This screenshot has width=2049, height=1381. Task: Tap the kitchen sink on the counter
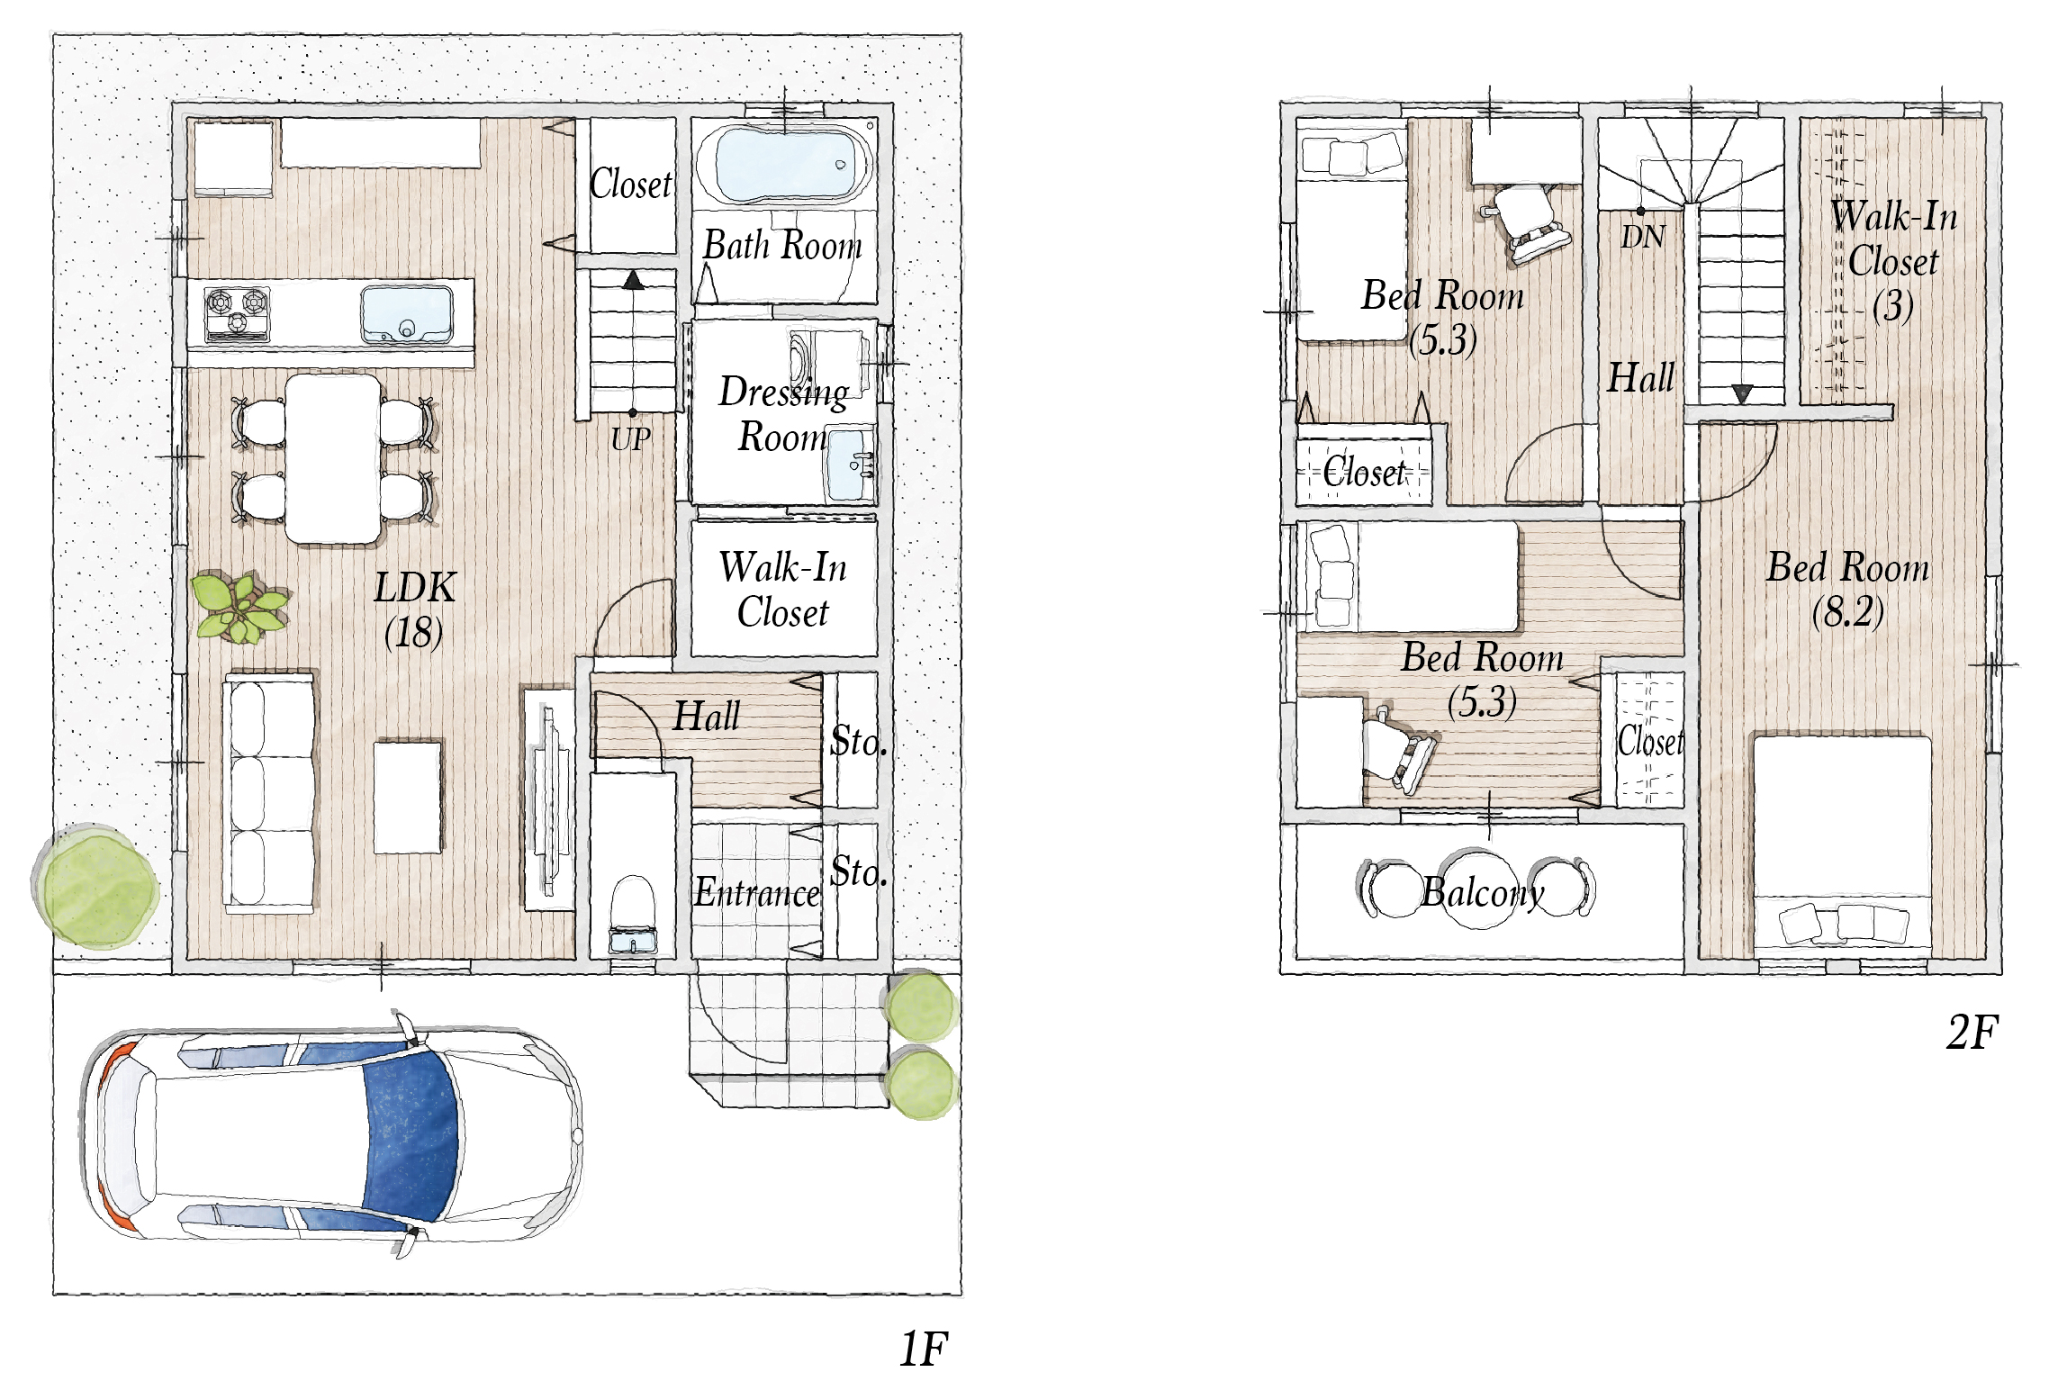coord(406,315)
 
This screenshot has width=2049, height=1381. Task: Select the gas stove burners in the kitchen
coord(237,314)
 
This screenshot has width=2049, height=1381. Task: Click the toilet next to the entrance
coord(633,914)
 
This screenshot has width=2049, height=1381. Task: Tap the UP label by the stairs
coord(630,439)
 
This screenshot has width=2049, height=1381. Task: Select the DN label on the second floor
coord(1643,237)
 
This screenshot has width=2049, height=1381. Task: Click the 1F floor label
coord(924,1349)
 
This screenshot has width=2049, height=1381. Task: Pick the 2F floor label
coord(1972,1032)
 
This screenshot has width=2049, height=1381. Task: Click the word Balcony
coord(1483,892)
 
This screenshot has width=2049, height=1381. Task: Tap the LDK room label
coord(415,588)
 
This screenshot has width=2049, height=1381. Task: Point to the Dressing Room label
coord(783,414)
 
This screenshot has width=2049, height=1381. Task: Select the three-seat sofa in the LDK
coord(270,791)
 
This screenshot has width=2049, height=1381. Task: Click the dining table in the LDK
coord(333,459)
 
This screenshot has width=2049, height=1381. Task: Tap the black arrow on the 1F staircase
coord(634,280)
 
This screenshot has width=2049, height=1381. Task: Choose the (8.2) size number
coord(1847,613)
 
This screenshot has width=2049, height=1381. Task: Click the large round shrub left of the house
coord(96,887)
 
